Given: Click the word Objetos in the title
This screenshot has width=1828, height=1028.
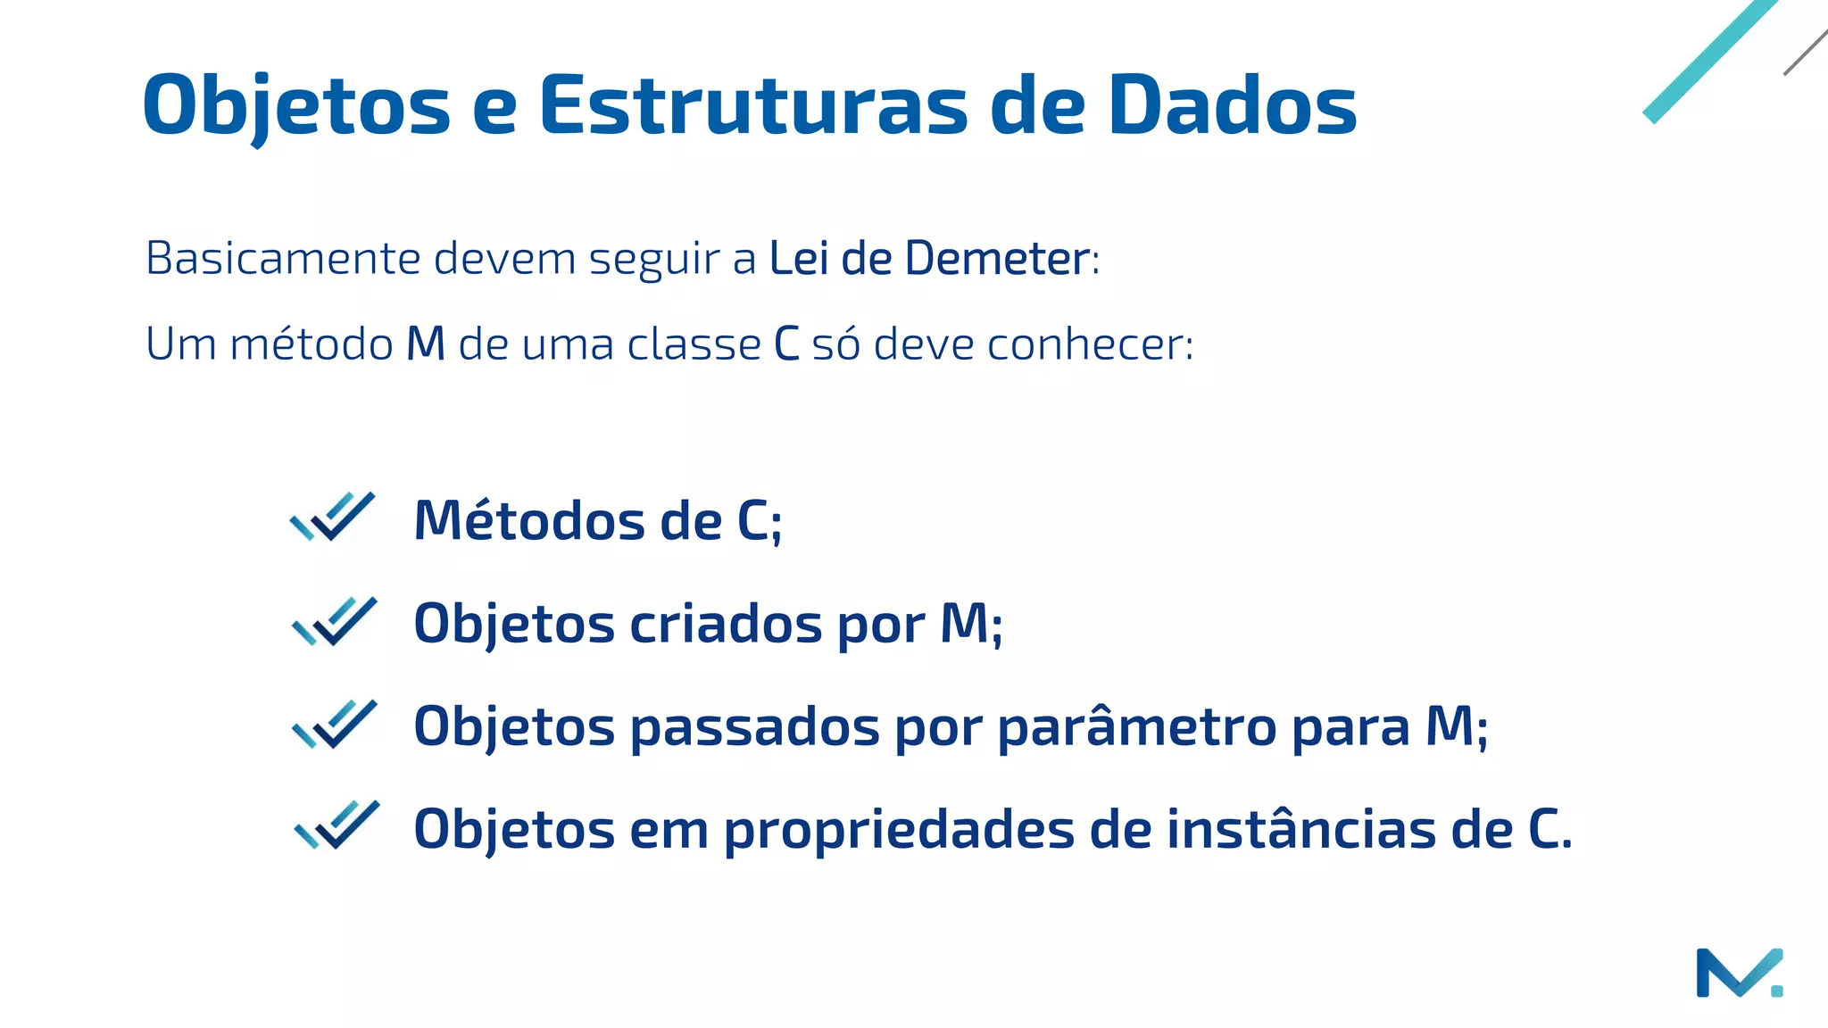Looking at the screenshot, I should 296,105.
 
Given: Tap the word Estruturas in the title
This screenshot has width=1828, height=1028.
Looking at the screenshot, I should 752,105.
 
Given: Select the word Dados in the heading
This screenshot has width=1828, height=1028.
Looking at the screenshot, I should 1232,105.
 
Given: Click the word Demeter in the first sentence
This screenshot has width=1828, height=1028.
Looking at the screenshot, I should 996,259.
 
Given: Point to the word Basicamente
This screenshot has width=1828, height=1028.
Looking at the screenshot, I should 283,259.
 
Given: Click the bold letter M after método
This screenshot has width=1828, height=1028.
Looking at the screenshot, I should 426,344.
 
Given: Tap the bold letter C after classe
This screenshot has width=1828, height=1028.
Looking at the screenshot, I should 786,344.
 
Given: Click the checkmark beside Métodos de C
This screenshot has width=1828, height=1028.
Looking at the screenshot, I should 333,517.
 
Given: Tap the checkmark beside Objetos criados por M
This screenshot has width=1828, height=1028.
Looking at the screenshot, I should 335,621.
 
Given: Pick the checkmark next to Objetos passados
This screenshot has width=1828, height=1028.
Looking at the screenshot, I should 335,724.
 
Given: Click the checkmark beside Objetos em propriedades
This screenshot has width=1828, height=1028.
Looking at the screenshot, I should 337,825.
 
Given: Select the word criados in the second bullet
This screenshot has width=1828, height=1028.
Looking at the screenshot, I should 726,623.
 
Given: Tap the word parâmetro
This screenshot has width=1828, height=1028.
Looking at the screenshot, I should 1137,726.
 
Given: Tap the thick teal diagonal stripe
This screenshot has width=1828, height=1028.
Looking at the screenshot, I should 1709,61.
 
